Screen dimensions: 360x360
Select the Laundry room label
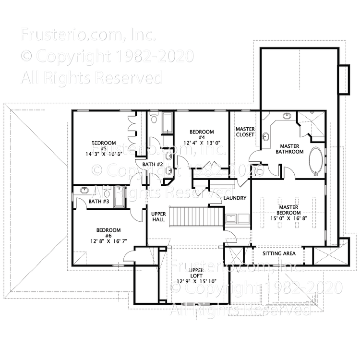pos(235,198)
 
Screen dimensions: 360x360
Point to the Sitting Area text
pos(278,253)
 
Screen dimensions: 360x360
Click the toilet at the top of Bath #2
pos(154,117)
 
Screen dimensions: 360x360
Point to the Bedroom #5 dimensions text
pos(104,154)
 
